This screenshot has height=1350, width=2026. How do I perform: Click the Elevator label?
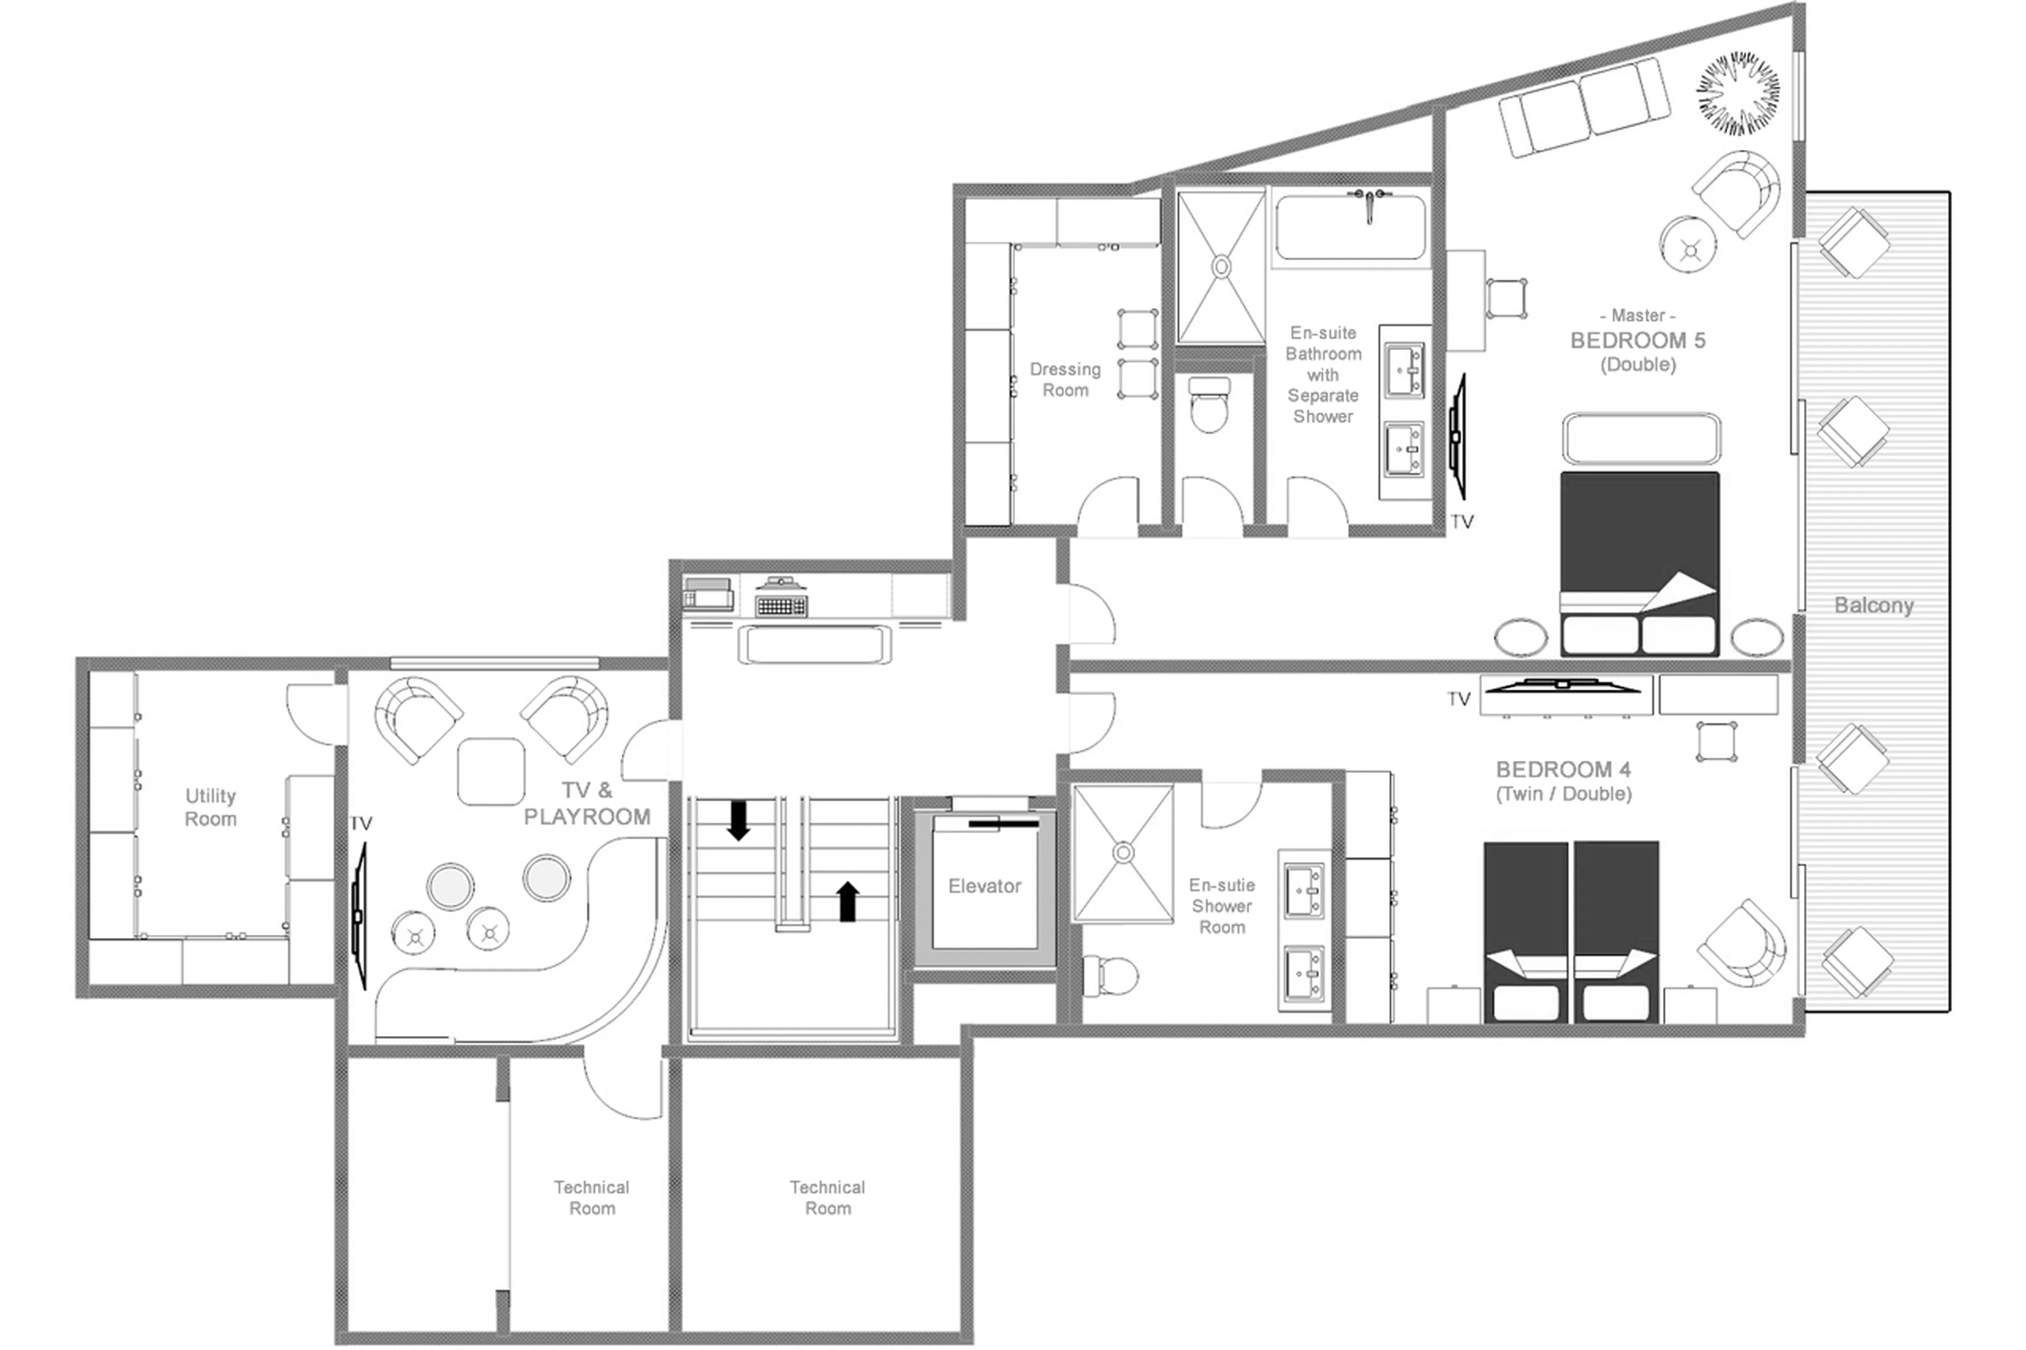pos(984,886)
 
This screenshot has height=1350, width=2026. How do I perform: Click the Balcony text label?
pos(1874,605)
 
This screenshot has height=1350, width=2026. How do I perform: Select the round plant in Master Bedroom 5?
pos(1737,94)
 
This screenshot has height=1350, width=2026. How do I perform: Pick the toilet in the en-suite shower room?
pos(1111,975)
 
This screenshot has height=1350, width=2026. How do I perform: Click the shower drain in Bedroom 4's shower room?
pos(1123,853)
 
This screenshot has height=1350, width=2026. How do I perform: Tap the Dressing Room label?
pos(1065,380)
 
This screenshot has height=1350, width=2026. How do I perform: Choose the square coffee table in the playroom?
pos(491,771)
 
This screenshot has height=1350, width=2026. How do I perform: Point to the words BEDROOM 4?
pos(1563,769)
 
